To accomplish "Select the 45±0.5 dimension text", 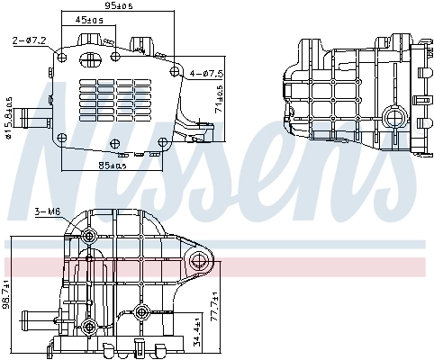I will (88, 19).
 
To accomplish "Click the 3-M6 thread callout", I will (47, 211).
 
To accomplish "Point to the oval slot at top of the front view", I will (90, 61).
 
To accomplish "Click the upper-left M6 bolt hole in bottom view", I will (88, 236).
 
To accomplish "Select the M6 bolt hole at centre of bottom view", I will (142, 314).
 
